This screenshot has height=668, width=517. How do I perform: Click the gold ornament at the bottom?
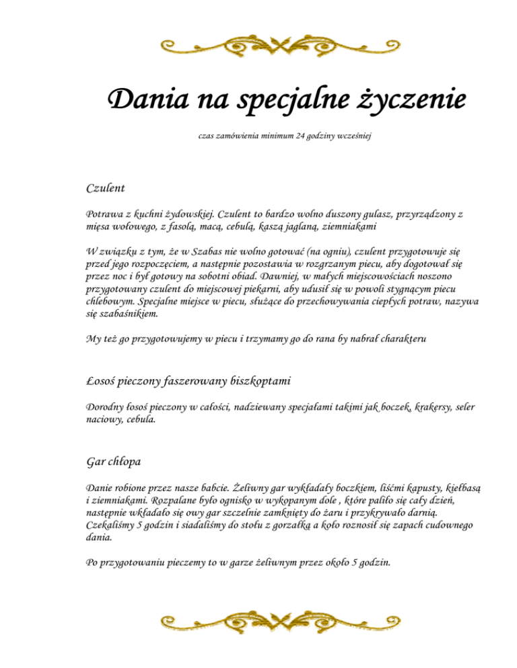pyautogui.click(x=258, y=622)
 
